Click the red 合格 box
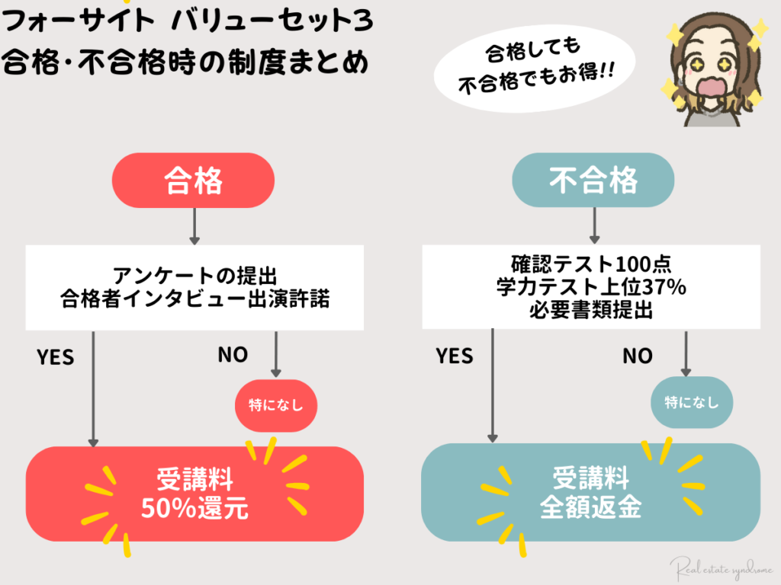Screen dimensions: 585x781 pos(193,181)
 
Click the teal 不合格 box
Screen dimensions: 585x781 pos(593,181)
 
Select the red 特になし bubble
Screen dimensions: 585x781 pos(275,404)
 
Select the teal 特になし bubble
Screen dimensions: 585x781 pos(691,402)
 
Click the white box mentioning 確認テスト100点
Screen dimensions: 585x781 pos(592,286)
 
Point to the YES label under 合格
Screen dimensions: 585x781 pos(55,356)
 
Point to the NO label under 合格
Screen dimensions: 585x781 pos(233,354)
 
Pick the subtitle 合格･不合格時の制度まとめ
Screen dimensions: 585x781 pos(184,61)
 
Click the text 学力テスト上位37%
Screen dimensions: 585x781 pos(592,287)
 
